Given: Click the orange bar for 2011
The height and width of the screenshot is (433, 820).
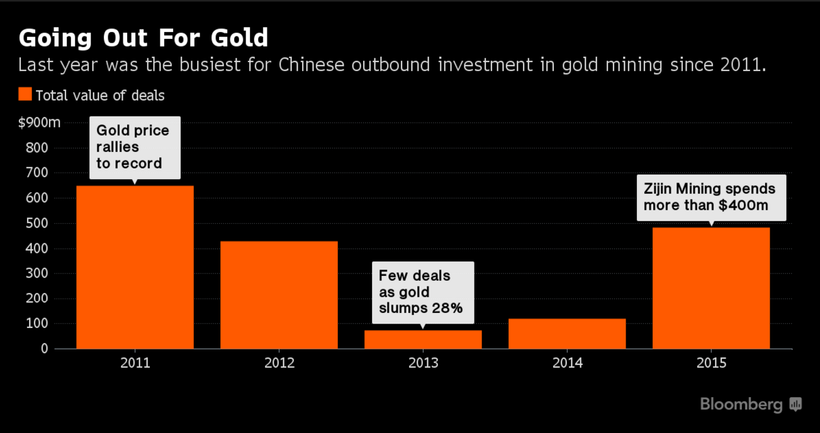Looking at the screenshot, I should point(135,267).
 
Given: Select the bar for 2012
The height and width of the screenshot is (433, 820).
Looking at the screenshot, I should point(279,295).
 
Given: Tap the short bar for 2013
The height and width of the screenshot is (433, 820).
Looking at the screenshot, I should point(423,339).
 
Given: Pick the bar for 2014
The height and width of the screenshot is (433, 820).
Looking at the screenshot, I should point(567,334).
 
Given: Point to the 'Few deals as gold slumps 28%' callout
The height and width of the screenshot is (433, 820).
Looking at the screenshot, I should point(422,292).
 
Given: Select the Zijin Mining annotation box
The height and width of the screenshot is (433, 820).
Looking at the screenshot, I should point(711,197).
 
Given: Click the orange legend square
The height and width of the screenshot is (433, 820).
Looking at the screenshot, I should point(25,95).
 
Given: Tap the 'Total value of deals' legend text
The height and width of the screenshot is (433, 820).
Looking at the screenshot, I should point(100,96).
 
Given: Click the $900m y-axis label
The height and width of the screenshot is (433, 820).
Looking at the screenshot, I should point(39,123).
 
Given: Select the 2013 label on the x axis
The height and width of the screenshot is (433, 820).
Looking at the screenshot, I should point(423,363).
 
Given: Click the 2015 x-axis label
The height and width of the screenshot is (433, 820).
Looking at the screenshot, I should point(711,363).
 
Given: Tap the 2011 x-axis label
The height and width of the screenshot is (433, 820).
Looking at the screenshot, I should point(135,363).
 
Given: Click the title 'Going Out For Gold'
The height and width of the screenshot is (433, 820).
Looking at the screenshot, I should point(143,38).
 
